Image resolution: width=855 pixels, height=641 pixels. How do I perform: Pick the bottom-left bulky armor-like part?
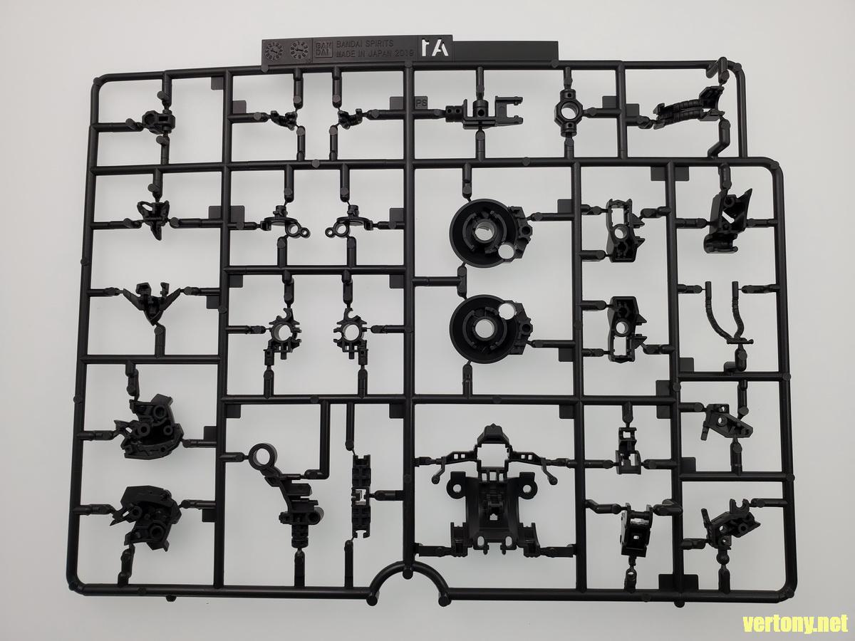coord(146,513)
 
